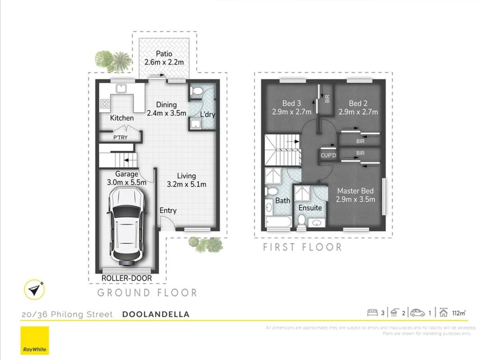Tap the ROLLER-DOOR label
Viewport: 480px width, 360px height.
(x=127, y=278)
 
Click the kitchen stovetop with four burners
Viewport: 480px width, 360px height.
(x=105, y=104)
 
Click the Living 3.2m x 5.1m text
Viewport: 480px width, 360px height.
(x=186, y=180)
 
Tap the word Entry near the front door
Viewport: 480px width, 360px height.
(x=168, y=210)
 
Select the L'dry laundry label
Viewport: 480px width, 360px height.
(x=207, y=115)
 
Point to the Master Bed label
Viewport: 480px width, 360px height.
(x=356, y=195)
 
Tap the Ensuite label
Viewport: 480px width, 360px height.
(x=310, y=208)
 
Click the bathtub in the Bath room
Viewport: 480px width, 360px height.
(x=278, y=222)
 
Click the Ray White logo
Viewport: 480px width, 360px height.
(x=34, y=340)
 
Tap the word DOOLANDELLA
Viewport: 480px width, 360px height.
(x=156, y=314)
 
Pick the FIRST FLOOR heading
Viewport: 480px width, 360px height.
(x=302, y=247)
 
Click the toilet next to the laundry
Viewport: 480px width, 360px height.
(x=196, y=92)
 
